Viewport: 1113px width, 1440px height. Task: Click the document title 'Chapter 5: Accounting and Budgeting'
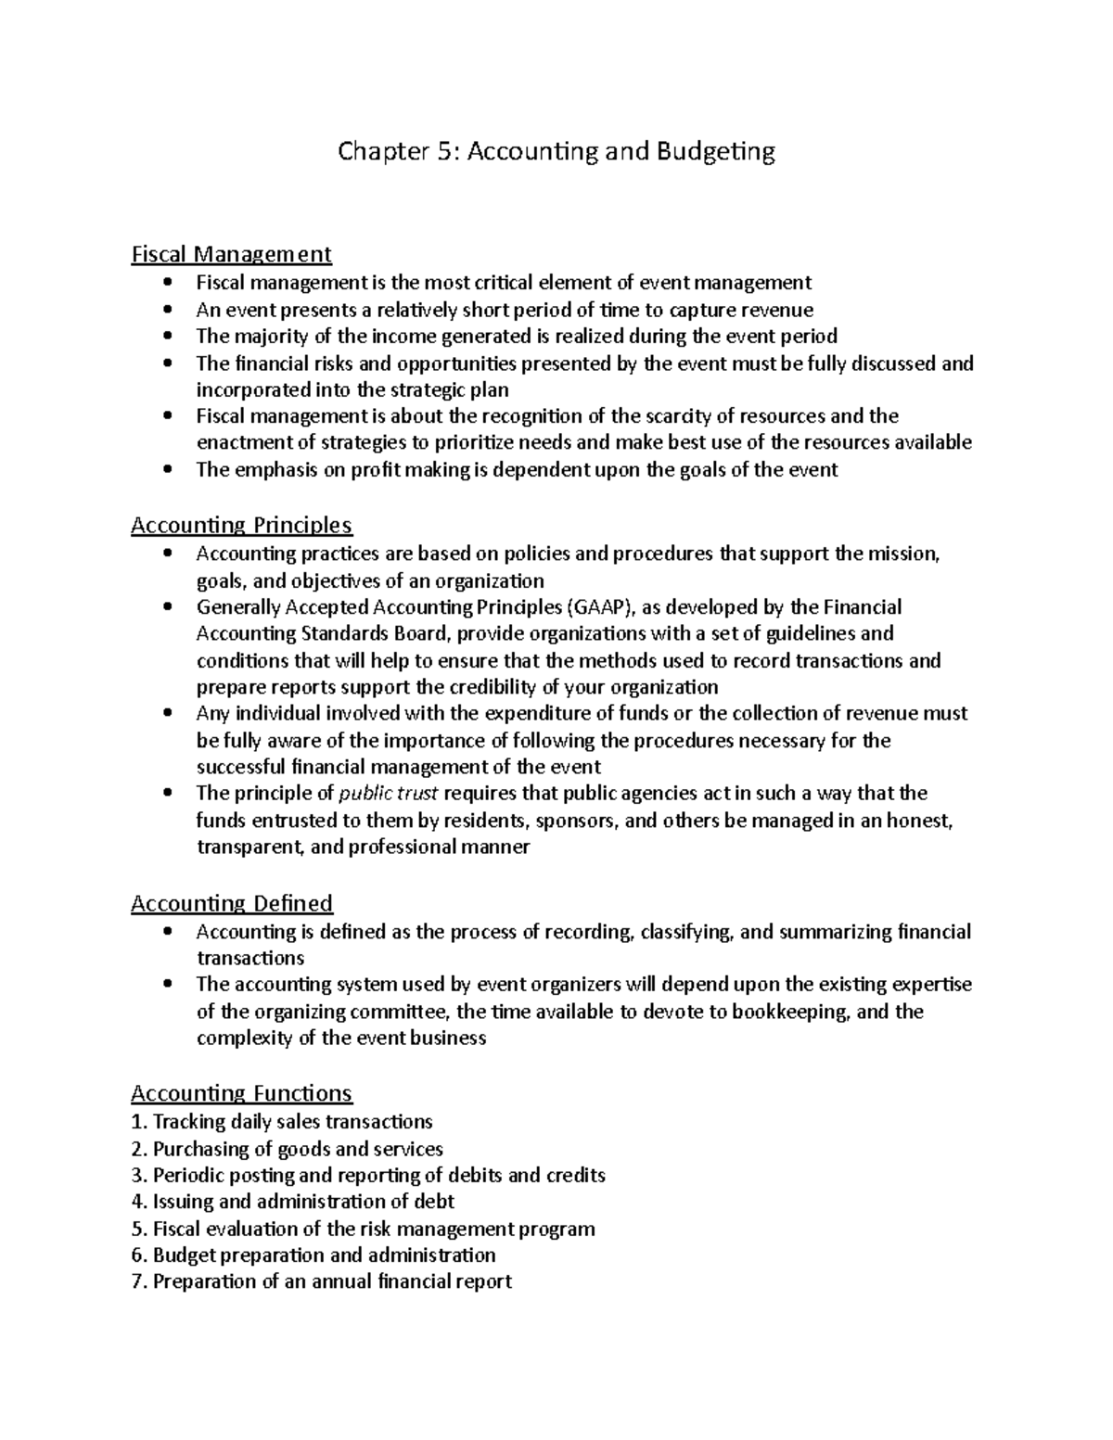click(x=556, y=151)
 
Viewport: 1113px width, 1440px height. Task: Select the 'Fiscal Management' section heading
click(x=231, y=253)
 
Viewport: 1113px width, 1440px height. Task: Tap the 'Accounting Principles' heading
click(x=241, y=526)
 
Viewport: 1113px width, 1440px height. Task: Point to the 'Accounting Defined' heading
click(x=231, y=903)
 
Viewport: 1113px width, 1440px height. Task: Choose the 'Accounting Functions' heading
click(x=241, y=1093)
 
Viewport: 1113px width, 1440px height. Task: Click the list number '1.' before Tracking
click(x=139, y=1122)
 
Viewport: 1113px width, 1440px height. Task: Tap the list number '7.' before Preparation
click(x=139, y=1281)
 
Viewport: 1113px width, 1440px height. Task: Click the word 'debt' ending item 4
click(x=434, y=1202)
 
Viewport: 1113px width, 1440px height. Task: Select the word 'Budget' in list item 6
click(x=181, y=1255)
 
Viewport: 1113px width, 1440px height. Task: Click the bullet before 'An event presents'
click(x=167, y=310)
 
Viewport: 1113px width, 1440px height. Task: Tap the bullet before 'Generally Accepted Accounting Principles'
click(x=167, y=607)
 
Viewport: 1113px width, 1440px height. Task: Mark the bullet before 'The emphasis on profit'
click(x=167, y=469)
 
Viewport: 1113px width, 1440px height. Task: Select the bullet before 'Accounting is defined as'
click(x=167, y=931)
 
